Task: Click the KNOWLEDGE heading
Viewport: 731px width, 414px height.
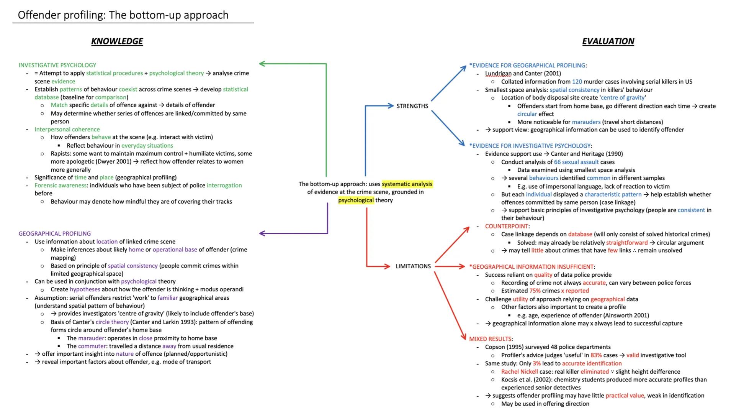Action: pos(117,41)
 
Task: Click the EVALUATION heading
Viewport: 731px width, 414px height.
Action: pos(608,41)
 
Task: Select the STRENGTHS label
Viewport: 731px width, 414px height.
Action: pos(412,106)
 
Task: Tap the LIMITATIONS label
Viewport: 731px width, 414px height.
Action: pos(413,266)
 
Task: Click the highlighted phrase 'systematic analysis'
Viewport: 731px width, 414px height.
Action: pos(407,184)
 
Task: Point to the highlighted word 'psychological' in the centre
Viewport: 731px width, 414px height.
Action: pos(356,200)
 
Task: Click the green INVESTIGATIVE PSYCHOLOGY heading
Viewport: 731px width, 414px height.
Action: pos(57,65)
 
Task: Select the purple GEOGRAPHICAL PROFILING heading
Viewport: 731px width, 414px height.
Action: pos(55,233)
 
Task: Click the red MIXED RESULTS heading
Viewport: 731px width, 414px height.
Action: pos(490,339)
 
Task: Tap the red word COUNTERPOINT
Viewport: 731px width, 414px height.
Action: pos(507,226)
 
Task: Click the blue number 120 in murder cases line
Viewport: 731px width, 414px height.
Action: pos(577,82)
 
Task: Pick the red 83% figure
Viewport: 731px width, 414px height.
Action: pos(596,355)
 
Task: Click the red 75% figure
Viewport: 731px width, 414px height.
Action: pos(535,291)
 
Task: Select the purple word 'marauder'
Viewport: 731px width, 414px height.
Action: pos(91,338)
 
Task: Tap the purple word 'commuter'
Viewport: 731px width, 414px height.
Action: pos(92,346)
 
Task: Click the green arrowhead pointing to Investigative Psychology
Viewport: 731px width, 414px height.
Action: pos(262,64)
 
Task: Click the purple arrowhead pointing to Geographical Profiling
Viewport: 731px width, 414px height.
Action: pos(262,233)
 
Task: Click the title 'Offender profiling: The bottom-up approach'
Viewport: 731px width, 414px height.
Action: pos(123,15)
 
